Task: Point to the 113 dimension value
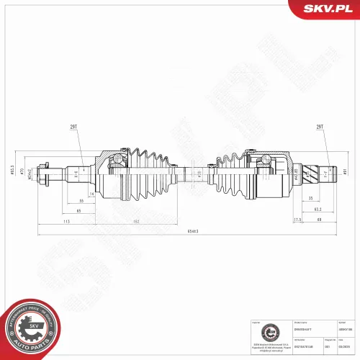(66, 221)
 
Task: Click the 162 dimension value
(135, 221)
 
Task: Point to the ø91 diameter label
(346, 171)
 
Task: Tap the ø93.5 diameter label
(12, 171)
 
